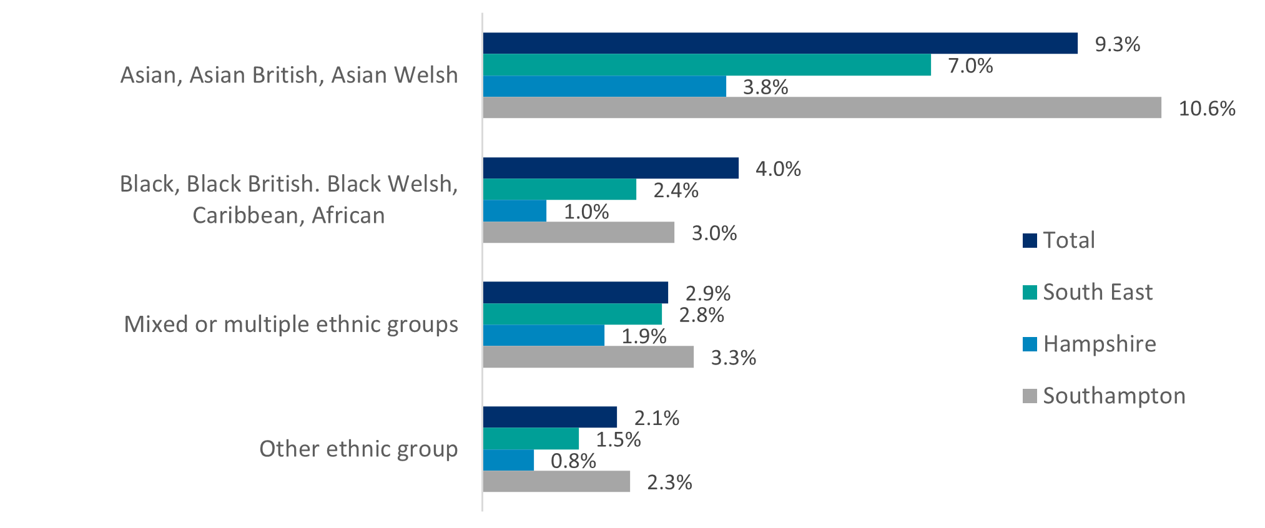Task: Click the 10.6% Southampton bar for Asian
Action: click(x=822, y=108)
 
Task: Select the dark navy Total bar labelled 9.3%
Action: click(x=780, y=44)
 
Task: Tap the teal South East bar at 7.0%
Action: click(x=707, y=65)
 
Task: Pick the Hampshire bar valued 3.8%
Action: click(x=604, y=87)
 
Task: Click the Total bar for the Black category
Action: click(x=611, y=169)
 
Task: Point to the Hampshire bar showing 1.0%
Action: click(x=514, y=211)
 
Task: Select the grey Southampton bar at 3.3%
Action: click(x=588, y=358)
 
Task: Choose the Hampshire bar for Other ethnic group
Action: click(x=508, y=461)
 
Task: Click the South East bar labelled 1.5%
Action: click(x=531, y=439)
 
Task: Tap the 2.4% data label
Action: click(x=676, y=190)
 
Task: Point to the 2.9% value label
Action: click(x=707, y=293)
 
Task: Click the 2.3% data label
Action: click(x=669, y=482)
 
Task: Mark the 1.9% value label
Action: click(x=644, y=336)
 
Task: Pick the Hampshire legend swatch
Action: click(x=1030, y=345)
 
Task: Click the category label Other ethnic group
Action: click(x=358, y=449)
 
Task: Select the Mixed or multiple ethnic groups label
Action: click(x=291, y=325)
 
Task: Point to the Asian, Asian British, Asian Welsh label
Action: click(x=289, y=75)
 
